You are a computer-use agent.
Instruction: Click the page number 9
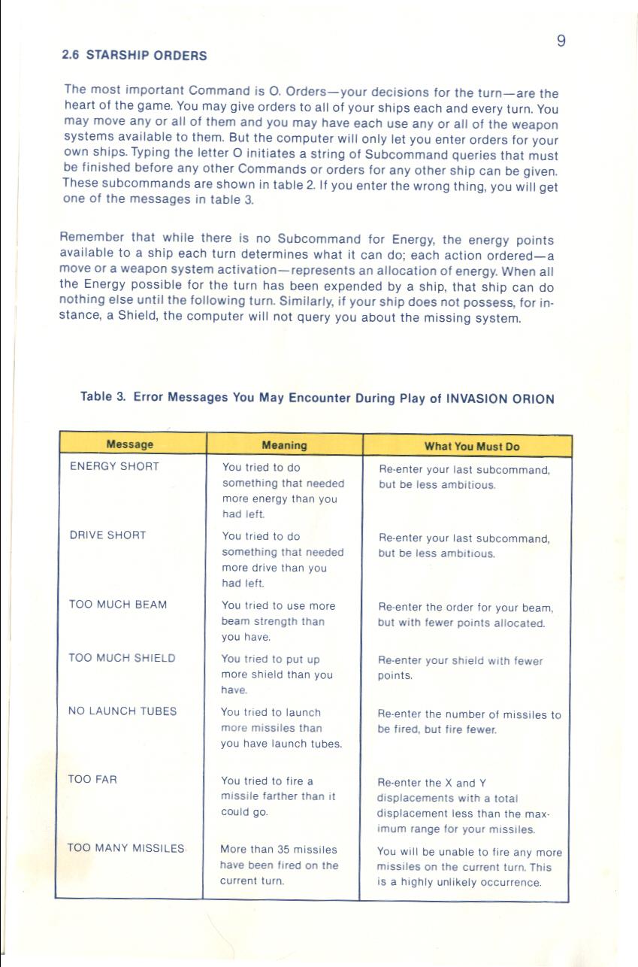coord(561,41)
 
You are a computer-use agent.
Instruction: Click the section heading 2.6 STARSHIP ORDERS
coord(134,56)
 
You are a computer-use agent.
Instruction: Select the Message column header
coord(129,444)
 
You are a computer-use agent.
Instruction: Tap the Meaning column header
coord(284,445)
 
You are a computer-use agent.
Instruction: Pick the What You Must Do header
coord(472,446)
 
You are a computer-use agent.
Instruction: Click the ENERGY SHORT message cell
coord(114,466)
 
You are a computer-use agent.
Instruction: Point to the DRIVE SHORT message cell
coord(107,535)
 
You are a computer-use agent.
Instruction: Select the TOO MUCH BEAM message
coord(118,605)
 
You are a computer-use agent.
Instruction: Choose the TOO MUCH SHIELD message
coord(122,658)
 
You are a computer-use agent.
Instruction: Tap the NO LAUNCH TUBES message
coord(122,711)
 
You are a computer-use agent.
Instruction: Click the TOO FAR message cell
coord(92,780)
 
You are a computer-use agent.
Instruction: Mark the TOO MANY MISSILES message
coord(126,848)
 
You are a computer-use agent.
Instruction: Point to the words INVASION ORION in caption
coord(500,399)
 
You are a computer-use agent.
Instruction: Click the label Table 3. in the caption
coord(103,397)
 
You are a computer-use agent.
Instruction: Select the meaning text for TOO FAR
coord(278,797)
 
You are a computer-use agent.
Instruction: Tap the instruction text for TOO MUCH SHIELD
coord(460,668)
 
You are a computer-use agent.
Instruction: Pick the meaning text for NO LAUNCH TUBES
coord(281,728)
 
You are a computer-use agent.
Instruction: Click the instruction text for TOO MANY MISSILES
coord(469,867)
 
